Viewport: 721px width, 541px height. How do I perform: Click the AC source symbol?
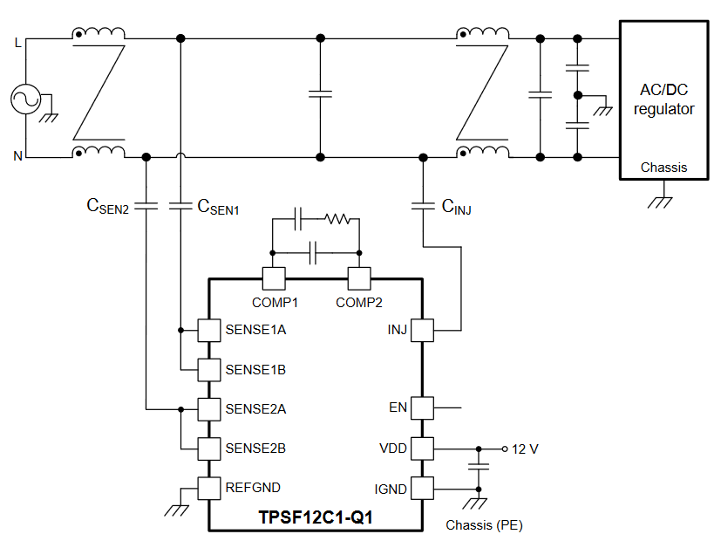[26, 99]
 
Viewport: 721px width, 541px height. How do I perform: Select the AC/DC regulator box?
[663, 99]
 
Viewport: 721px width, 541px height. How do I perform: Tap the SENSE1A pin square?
[208, 331]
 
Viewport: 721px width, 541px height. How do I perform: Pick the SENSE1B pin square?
[208, 370]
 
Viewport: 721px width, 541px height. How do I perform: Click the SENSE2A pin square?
[208, 409]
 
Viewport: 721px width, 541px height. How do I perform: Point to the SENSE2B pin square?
[208, 449]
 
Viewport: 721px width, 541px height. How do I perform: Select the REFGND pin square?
[208, 488]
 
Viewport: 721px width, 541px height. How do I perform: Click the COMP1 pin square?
[274, 278]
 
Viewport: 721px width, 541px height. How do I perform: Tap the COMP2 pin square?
[359, 278]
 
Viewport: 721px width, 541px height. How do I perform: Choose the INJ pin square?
[422, 331]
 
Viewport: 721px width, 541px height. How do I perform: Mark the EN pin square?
[422, 408]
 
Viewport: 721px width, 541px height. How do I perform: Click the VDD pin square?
[422, 449]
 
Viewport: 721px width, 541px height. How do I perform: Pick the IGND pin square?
[422, 488]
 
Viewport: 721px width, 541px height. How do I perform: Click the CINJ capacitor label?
[456, 207]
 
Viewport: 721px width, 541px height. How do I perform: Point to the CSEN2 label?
[107, 206]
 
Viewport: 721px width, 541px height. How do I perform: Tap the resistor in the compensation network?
[338, 219]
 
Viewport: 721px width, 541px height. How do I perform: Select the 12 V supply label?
[525, 449]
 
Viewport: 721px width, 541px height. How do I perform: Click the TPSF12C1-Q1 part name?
[316, 517]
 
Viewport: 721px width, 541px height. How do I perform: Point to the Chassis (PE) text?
[484, 525]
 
